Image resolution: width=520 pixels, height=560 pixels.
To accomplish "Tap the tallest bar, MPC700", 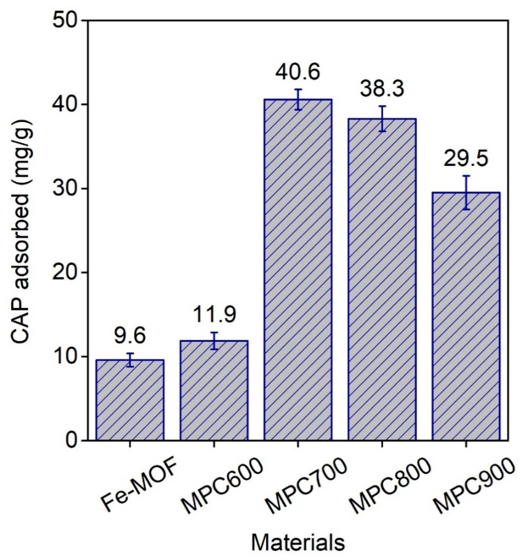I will click(298, 270).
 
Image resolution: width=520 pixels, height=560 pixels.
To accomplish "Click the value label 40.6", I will click(298, 73).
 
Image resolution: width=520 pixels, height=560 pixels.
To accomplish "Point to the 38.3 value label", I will click(382, 89).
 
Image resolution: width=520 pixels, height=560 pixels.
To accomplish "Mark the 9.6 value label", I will click(130, 337).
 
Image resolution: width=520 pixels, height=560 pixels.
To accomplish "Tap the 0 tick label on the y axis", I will click(73, 440).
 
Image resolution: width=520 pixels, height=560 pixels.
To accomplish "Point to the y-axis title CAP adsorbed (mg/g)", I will click(23, 231).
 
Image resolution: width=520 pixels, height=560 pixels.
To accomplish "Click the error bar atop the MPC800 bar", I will click(382, 119).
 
